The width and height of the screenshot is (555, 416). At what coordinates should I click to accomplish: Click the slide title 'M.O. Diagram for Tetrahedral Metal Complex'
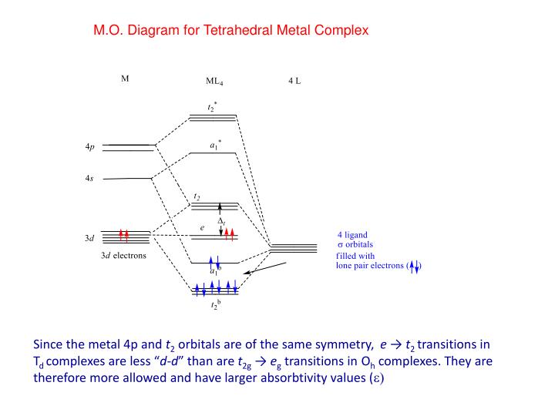tap(231, 31)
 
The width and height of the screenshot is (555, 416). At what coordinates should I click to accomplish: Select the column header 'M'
tap(125, 79)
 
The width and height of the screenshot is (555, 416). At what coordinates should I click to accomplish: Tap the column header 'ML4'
tap(214, 81)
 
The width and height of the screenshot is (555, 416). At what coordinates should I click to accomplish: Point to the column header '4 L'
tap(294, 80)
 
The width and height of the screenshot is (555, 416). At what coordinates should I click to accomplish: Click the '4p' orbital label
tap(90, 146)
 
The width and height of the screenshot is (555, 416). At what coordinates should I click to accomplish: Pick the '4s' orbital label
tap(89, 179)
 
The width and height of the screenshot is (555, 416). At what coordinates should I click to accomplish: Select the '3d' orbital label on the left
tap(89, 239)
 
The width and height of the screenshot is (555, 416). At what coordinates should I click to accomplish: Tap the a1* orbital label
tap(215, 144)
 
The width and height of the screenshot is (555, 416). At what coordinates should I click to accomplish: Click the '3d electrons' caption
tap(129, 256)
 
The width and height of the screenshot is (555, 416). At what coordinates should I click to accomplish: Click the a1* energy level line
tap(213, 153)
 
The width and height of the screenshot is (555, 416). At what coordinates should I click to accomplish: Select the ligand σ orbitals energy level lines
tap(293, 247)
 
